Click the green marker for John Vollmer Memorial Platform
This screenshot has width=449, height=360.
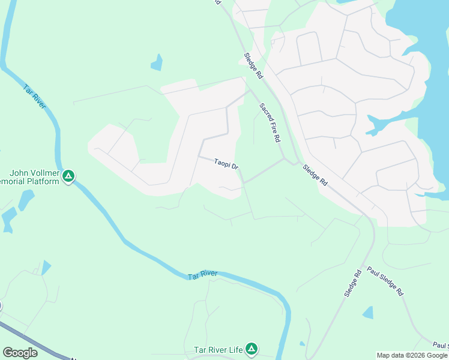[x=69, y=176]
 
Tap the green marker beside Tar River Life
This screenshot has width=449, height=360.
[x=252, y=349]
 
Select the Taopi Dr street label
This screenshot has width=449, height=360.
[x=227, y=163]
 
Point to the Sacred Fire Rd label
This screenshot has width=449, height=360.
[x=270, y=122]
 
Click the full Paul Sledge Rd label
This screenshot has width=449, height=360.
[x=385, y=281]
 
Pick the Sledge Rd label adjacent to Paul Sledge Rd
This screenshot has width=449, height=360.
[x=353, y=283]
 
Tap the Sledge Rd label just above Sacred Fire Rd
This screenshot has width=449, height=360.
[x=253, y=66]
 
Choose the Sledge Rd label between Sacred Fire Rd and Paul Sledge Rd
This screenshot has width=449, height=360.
[x=315, y=175]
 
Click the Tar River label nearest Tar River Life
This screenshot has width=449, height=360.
[x=202, y=275]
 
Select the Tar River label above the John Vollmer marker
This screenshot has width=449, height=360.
[x=35, y=97]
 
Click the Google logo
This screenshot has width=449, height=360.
[x=20, y=353]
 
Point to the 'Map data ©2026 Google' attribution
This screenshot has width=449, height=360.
[x=412, y=355]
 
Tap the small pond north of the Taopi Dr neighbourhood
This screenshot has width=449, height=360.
[x=157, y=62]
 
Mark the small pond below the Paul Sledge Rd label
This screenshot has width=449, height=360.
[x=368, y=313]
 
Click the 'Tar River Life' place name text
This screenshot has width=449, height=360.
[x=218, y=349]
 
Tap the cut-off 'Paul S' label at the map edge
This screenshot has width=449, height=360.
[x=440, y=346]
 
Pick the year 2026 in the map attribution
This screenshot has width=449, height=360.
[x=418, y=355]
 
